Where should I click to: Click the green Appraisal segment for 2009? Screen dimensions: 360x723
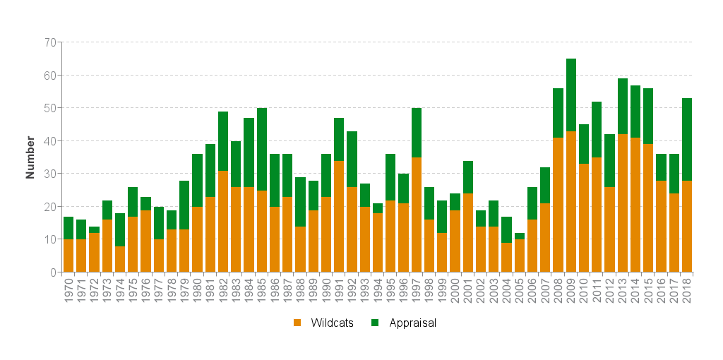[x=571, y=95]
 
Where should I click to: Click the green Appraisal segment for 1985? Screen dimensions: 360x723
[x=262, y=149]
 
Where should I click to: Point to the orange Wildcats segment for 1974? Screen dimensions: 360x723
[x=120, y=259]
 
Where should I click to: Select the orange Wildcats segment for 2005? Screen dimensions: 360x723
[x=520, y=256]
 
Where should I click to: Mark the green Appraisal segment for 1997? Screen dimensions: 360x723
[x=417, y=133]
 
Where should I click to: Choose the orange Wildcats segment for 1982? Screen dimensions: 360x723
[x=223, y=222]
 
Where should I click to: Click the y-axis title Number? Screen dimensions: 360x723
[x=30, y=157]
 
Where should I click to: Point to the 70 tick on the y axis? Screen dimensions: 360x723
[x=50, y=42]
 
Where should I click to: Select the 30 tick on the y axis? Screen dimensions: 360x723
[x=50, y=174]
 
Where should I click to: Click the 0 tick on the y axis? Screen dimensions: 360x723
[x=53, y=272]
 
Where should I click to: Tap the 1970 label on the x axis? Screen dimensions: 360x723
[x=68, y=290]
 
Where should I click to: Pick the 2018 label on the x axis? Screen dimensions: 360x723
[x=687, y=290]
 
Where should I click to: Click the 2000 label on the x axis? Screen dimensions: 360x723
[x=455, y=290]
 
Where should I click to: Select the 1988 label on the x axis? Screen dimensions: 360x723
[x=301, y=290]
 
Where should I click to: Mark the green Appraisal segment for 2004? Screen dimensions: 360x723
[x=507, y=229]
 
